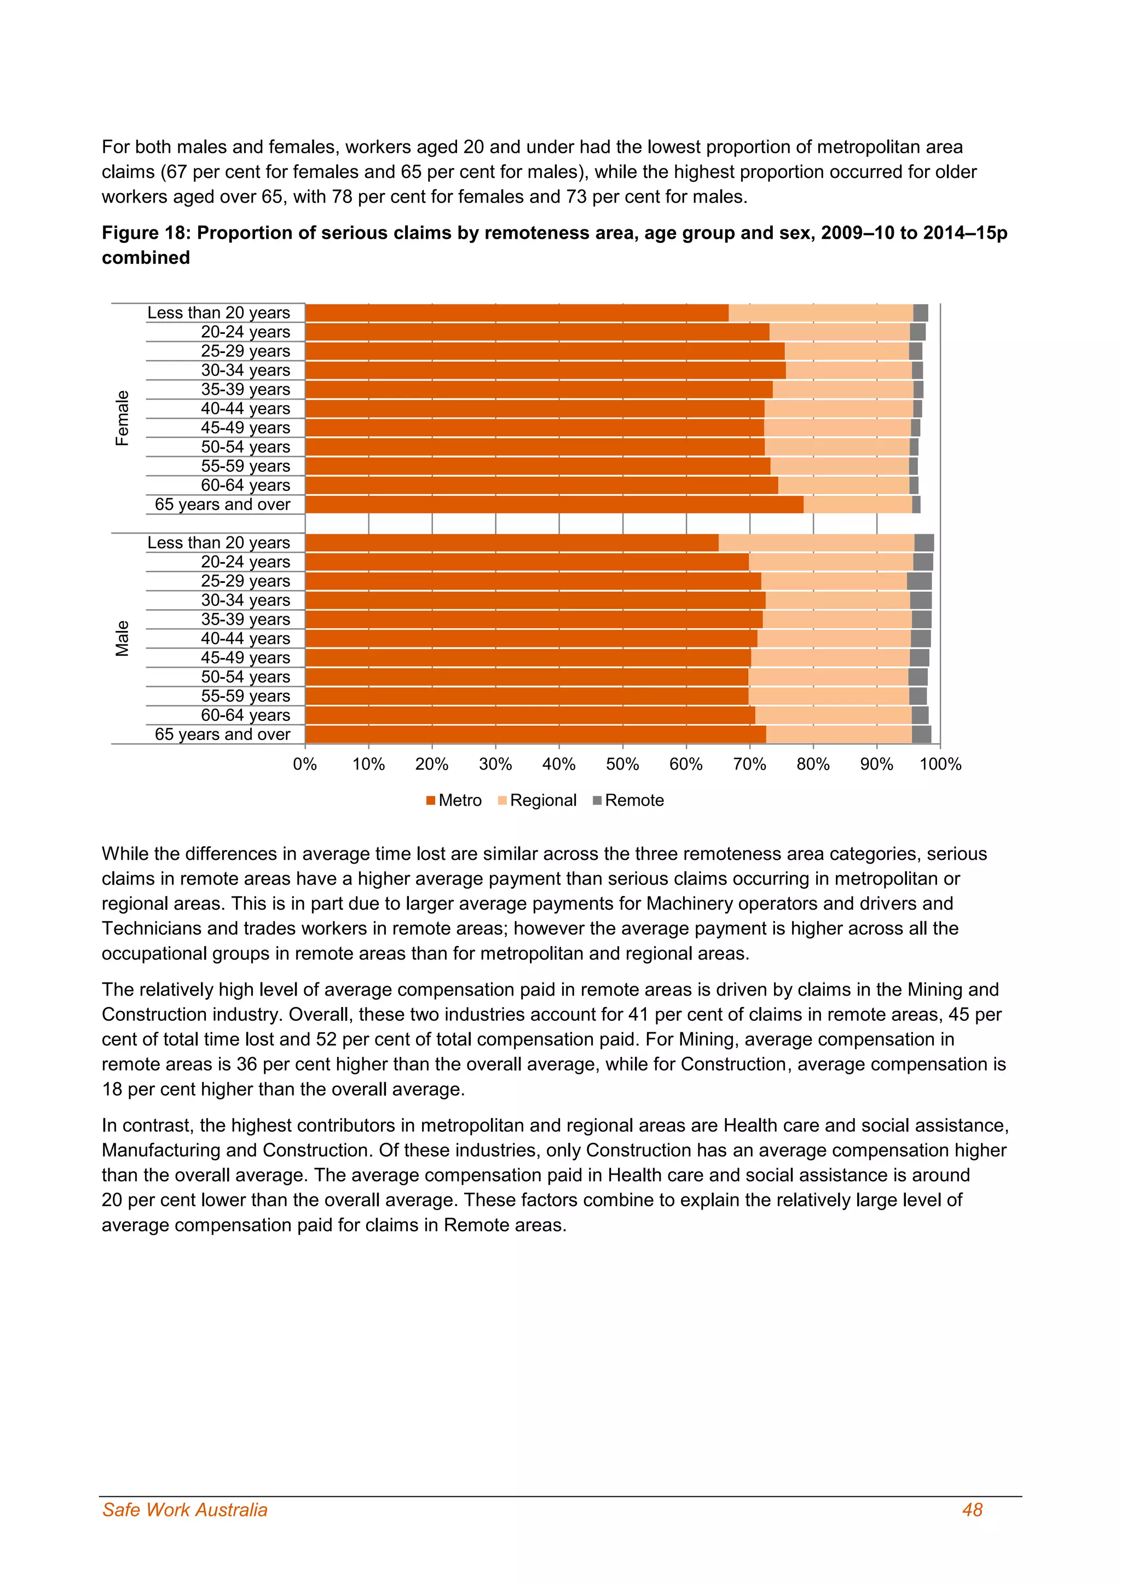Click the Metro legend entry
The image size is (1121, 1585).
coord(454,800)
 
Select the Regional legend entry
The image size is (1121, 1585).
coord(537,800)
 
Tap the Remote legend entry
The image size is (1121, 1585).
coord(628,800)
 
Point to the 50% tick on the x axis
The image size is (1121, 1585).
coord(622,764)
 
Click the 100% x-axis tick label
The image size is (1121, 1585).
coord(940,764)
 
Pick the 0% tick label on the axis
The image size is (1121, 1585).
coord(305,764)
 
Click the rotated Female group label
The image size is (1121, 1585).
coord(122,418)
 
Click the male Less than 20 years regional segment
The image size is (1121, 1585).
coord(816,542)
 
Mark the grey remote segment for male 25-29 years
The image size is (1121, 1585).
coord(919,581)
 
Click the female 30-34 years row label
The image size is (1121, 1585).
coord(245,370)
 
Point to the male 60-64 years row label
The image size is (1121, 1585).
coord(245,715)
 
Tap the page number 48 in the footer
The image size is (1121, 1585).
coord(972,1510)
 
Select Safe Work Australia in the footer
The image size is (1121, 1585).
coord(184,1510)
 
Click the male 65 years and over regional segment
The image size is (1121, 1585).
coord(839,734)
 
